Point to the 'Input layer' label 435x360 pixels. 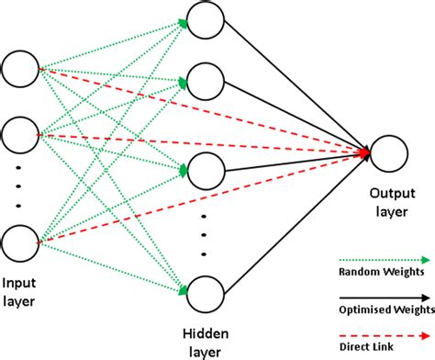coord(19,292)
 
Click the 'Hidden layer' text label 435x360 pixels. coord(206,343)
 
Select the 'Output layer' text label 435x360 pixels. coord(392,202)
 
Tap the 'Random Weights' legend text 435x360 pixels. coord(382,272)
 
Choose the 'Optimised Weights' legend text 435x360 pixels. coord(386,309)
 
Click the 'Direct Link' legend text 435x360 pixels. coord(366,347)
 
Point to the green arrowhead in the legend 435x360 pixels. coord(426,260)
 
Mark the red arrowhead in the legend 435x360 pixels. coord(426,336)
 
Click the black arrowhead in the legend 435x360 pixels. coord(426,298)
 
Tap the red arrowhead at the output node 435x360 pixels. coord(364,152)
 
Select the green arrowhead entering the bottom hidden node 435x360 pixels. coord(183,290)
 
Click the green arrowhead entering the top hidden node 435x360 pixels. coord(183,23)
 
